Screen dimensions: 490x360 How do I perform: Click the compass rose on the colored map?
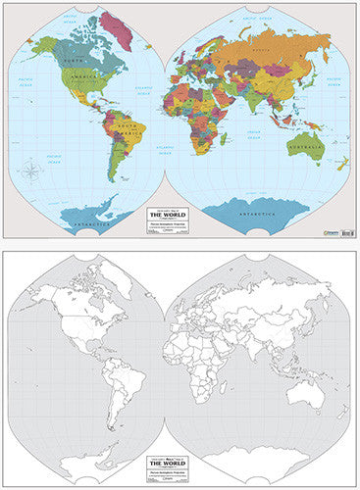click(x=32, y=173)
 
